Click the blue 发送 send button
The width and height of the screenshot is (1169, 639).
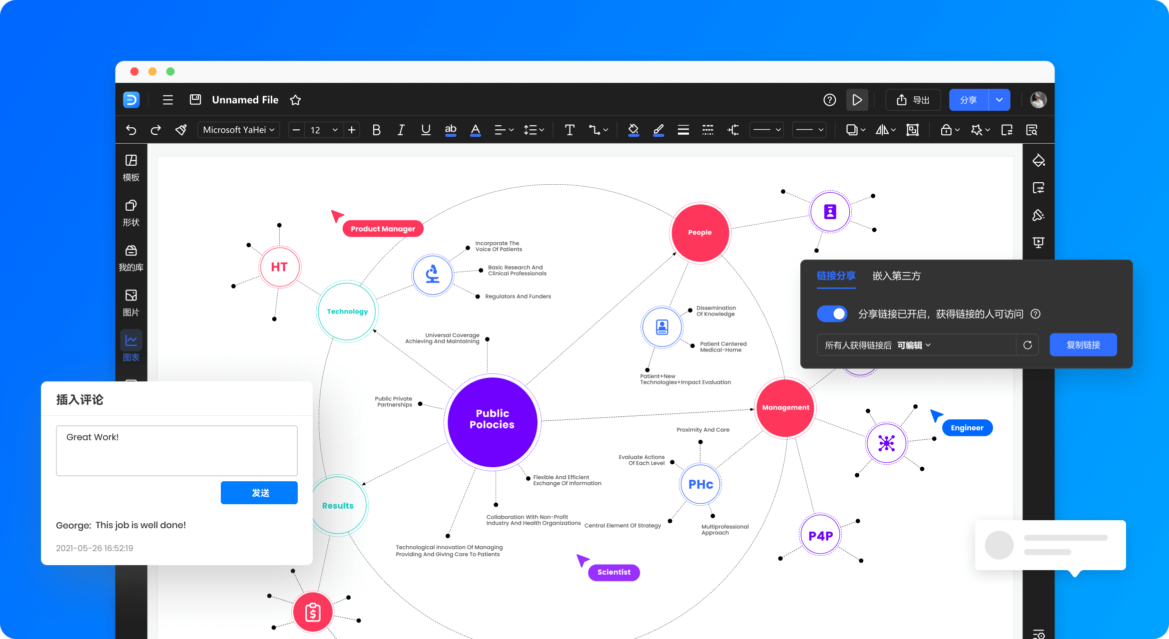tap(259, 493)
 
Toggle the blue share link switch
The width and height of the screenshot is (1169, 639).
tap(832, 314)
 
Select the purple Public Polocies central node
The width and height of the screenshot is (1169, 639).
tap(493, 422)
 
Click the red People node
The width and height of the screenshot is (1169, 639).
tap(700, 233)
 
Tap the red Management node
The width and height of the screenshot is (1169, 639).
tap(786, 408)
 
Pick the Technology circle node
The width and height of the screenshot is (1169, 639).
tap(347, 312)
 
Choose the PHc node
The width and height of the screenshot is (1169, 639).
tap(700, 484)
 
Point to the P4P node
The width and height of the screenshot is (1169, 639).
tap(820, 536)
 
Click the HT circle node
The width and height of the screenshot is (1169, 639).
tap(279, 267)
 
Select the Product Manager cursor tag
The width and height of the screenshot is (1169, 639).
tap(383, 229)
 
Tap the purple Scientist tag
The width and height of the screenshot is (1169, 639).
tap(614, 572)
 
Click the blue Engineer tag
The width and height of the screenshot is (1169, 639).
tap(967, 428)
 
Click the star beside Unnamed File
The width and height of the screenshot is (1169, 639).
tap(295, 100)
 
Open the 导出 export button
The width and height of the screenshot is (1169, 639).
tap(913, 100)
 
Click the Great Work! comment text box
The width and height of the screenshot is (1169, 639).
tap(177, 451)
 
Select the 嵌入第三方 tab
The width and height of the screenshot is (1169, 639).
tap(896, 276)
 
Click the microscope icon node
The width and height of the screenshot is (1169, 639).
tap(433, 275)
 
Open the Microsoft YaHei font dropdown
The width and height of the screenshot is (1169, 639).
tap(239, 130)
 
